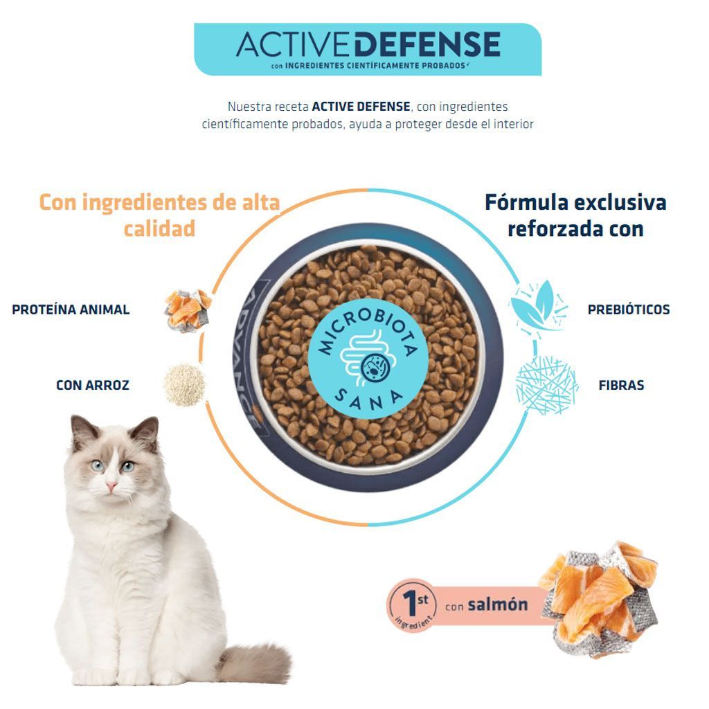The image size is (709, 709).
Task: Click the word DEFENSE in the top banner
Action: (x=427, y=44)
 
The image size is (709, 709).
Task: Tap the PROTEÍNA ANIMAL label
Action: (x=71, y=309)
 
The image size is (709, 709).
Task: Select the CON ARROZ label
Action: (x=93, y=385)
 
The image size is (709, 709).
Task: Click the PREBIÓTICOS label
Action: (x=629, y=309)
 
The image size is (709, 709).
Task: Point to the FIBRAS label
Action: (x=621, y=385)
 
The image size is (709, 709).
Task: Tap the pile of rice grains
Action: (x=184, y=385)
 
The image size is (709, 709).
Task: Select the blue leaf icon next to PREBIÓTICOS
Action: (x=538, y=307)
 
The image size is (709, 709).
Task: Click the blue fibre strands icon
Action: (x=547, y=385)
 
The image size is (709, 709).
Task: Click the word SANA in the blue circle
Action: (x=368, y=400)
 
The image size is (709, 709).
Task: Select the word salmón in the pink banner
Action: (x=498, y=604)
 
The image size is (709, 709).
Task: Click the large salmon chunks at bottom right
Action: (x=599, y=598)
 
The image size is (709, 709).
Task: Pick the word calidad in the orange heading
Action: (x=160, y=228)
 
